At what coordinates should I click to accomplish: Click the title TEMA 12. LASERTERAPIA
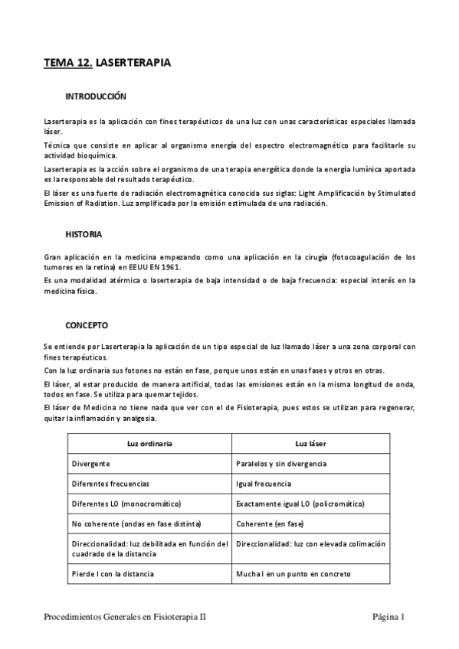[x=107, y=64]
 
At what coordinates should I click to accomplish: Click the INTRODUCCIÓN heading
[x=95, y=98]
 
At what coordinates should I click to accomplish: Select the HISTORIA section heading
[x=84, y=233]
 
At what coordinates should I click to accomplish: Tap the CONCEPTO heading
[x=87, y=324]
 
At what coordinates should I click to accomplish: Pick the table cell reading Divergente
[x=91, y=464]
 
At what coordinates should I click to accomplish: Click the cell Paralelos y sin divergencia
[x=282, y=464]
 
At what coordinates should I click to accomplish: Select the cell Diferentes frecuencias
[x=110, y=484]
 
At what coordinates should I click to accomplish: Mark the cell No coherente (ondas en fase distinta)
[x=136, y=524]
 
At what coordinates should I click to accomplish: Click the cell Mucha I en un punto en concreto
[x=293, y=573]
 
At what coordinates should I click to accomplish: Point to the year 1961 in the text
[x=192, y=268]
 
